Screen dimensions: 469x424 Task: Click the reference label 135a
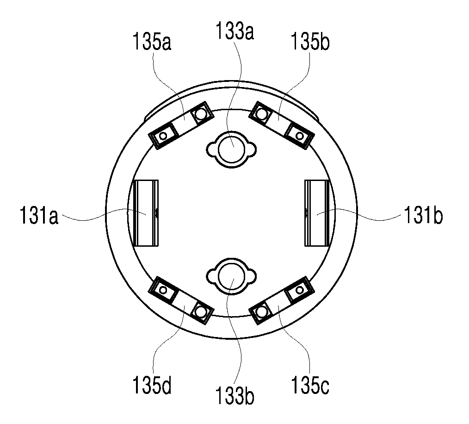tap(152, 42)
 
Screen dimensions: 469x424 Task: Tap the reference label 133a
tap(235, 31)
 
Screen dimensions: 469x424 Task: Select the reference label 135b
tap(310, 42)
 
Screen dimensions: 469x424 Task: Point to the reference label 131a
tap(39, 215)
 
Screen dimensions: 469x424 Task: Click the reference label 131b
tap(423, 215)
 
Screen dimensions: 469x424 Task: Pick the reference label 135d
tap(152, 386)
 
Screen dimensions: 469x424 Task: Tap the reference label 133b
tap(235, 396)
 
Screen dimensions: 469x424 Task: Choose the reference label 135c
tap(310, 386)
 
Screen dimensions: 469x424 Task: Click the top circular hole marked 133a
tap(232, 149)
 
